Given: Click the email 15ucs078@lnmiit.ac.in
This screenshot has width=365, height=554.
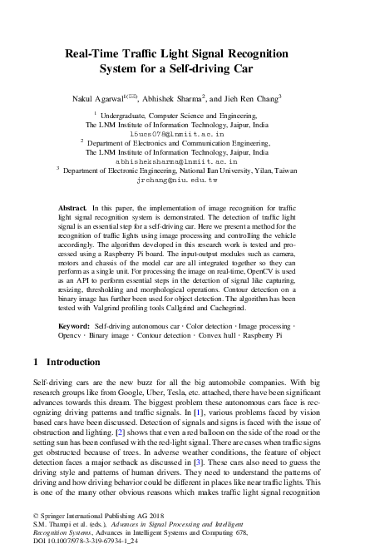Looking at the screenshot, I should coord(178,133).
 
